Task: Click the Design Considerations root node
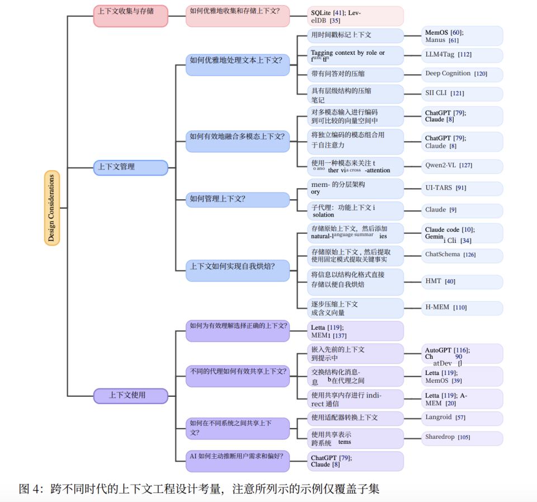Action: click(x=52, y=208)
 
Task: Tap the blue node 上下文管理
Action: click(x=130, y=167)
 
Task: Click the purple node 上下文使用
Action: click(x=130, y=395)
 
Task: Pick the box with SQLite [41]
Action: click(x=355, y=16)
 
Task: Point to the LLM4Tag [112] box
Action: click(x=461, y=55)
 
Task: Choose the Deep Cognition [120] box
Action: click(x=461, y=74)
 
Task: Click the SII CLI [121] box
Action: click(x=461, y=93)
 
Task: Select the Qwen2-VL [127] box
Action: click(x=461, y=166)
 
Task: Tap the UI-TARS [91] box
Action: click(x=461, y=188)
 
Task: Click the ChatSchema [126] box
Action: click(x=461, y=255)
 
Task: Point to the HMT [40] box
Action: click(x=461, y=282)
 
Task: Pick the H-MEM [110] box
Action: click(x=461, y=307)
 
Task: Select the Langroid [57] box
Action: click(x=461, y=417)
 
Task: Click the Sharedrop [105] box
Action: click(x=461, y=437)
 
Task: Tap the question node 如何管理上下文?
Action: click(x=238, y=199)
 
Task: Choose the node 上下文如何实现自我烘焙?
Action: click(x=238, y=266)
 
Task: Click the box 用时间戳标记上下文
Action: click(x=355, y=35)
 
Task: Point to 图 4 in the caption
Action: click(x=30, y=489)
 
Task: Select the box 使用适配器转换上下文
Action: click(x=355, y=418)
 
